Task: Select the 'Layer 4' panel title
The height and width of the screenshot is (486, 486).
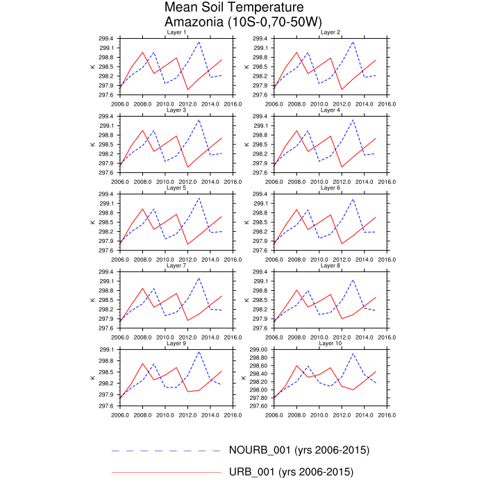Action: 330,110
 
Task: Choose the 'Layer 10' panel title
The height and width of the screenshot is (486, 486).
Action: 330,344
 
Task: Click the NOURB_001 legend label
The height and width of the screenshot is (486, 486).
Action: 299,450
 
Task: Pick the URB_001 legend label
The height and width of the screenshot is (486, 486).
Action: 292,473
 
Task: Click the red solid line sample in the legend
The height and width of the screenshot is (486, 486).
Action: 166,472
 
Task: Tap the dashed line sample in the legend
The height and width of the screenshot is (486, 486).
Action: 166,450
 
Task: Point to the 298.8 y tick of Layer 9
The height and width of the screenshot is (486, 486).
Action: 106,361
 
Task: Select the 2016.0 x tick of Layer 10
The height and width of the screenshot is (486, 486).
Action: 387,415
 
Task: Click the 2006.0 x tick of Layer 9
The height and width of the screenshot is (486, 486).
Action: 120,415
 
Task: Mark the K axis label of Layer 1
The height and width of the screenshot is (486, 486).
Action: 92,67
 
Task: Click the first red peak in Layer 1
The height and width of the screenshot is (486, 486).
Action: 142,52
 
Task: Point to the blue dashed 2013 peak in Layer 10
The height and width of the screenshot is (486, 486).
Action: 353,353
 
